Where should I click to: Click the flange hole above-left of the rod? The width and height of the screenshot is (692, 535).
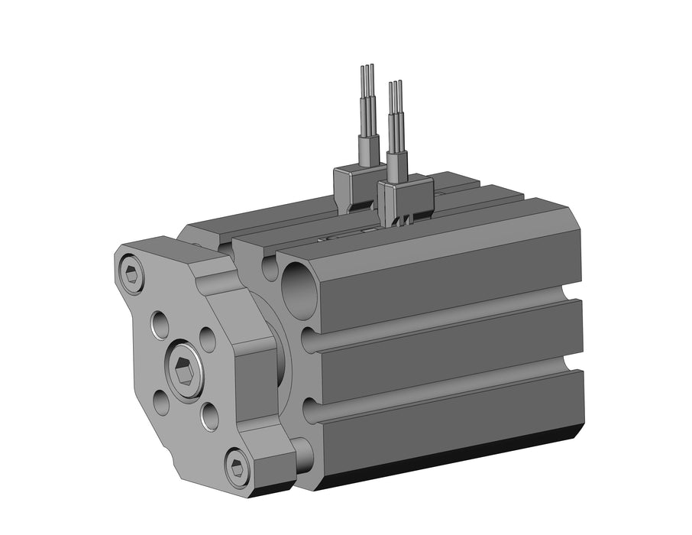click(x=160, y=325)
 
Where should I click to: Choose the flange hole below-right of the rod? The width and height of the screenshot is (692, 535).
click(x=209, y=416)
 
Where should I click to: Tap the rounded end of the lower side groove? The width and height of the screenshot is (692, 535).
click(x=309, y=411)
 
